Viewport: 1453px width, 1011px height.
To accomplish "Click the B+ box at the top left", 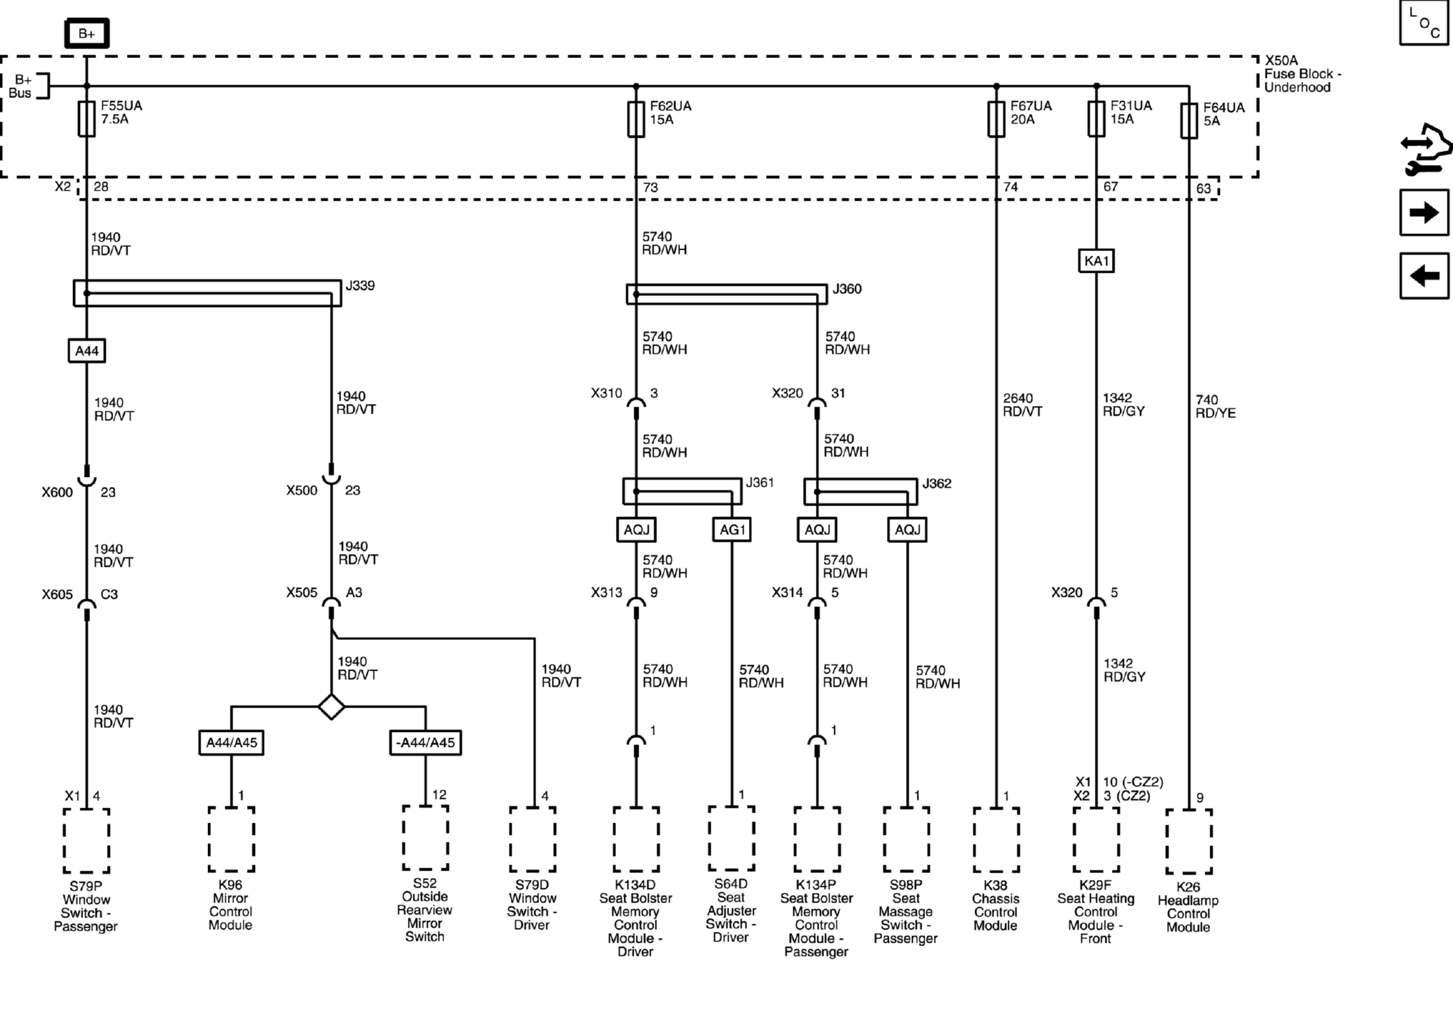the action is point(87,33).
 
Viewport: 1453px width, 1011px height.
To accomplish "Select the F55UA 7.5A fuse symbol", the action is point(87,119).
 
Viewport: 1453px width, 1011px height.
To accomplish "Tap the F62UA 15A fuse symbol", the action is point(636,119).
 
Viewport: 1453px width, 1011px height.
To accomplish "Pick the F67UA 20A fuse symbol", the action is point(996,119).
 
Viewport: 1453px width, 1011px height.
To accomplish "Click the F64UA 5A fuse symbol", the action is point(1189,121).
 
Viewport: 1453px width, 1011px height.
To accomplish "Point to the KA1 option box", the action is point(1096,261).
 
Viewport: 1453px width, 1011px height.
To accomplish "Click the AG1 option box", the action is point(732,529).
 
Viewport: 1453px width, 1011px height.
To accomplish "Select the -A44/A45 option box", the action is point(425,742).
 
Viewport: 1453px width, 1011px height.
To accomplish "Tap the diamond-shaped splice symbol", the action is point(332,707).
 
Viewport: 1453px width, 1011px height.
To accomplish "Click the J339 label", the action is point(360,285).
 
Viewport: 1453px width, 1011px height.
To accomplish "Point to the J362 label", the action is point(937,483).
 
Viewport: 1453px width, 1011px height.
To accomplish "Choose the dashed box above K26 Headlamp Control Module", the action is point(1189,841).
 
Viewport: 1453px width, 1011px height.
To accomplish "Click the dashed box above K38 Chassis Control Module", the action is point(996,840).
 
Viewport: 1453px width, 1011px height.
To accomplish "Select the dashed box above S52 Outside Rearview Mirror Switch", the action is point(425,838).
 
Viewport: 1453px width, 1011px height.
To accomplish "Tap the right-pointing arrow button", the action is point(1424,213).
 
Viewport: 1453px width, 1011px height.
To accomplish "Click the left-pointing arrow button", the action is point(1424,276).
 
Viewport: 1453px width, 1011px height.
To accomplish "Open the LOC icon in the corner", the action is point(1424,23).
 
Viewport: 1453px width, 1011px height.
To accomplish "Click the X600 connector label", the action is point(57,492).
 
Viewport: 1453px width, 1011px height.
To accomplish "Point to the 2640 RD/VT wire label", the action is point(1022,405).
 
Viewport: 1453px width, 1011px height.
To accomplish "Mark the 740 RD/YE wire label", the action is point(1216,406).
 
